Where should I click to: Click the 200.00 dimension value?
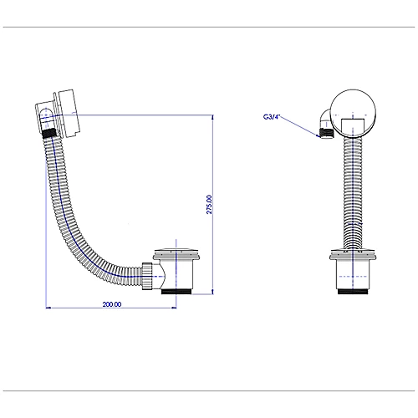point(112,304)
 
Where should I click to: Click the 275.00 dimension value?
point(209,204)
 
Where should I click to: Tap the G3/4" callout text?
point(271,117)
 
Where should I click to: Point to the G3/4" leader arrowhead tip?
point(319,137)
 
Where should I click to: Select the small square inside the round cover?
point(353,127)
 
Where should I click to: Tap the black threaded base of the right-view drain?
point(353,291)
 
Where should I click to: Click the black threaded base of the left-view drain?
point(176,292)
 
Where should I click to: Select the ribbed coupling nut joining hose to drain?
point(147,276)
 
